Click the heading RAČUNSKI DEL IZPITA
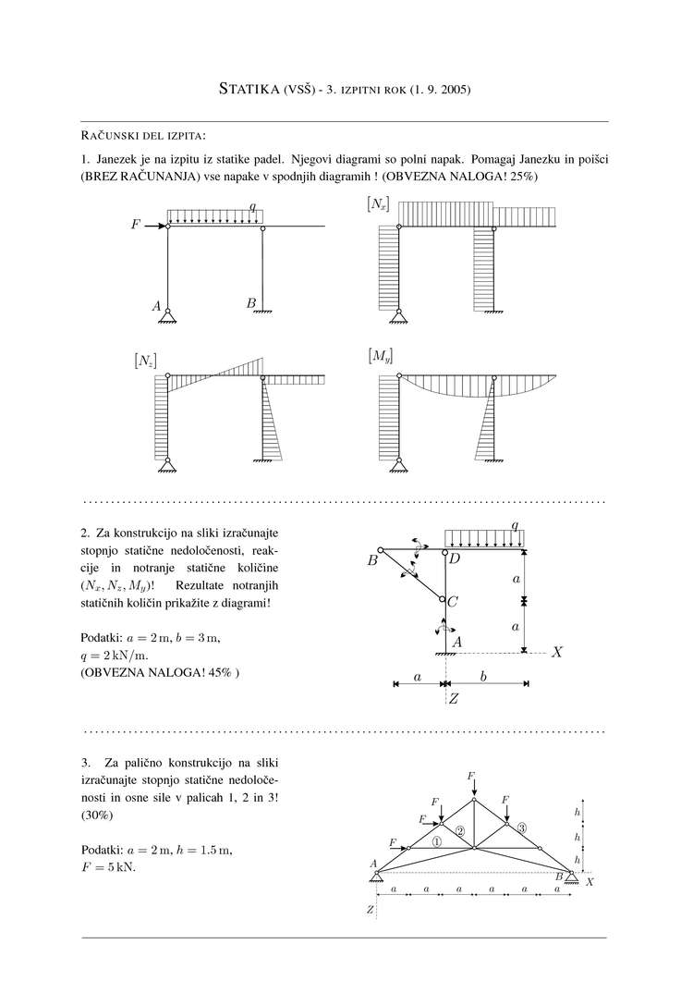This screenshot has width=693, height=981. (143, 137)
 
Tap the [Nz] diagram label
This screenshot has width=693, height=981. (144, 361)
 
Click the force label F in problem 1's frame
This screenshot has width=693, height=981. (135, 225)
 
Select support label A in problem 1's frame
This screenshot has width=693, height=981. (157, 304)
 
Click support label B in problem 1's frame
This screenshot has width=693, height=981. (250, 303)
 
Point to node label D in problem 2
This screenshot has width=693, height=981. (454, 558)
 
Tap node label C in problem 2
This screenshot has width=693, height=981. (453, 601)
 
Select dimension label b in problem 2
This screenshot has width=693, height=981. (483, 677)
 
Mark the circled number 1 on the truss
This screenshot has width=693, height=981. (437, 842)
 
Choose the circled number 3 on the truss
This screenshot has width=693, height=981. (522, 828)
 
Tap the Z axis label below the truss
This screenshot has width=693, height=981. (370, 911)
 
